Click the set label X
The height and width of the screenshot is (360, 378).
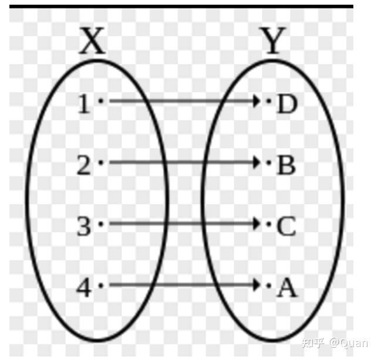click(x=93, y=43)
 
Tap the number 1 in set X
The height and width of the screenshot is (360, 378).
click(x=85, y=104)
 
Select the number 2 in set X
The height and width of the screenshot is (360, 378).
click(x=85, y=166)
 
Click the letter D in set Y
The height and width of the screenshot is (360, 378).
click(x=286, y=104)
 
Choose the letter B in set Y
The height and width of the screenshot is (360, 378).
click(x=286, y=166)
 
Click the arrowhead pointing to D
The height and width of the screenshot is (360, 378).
click(x=256, y=101)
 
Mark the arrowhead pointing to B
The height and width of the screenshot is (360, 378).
click(x=256, y=162)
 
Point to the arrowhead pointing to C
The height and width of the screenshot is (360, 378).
click(x=256, y=223)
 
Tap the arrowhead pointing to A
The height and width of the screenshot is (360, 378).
click(x=256, y=285)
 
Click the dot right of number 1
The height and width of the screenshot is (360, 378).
click(x=101, y=101)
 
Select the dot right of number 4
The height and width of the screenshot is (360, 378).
click(x=101, y=285)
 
